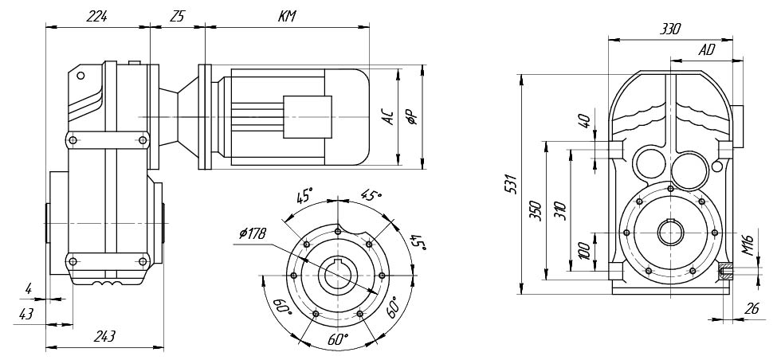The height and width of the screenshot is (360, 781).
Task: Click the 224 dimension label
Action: (98, 16)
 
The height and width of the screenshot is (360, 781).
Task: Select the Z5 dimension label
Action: (177, 16)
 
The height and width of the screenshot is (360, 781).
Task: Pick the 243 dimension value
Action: (104, 337)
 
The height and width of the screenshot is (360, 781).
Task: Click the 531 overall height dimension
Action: (512, 184)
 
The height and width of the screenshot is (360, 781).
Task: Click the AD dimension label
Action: (706, 49)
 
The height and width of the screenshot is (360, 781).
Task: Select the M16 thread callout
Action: (748, 244)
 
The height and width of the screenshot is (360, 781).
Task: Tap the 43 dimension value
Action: (27, 314)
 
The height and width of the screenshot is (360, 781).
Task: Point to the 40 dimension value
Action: (583, 123)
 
